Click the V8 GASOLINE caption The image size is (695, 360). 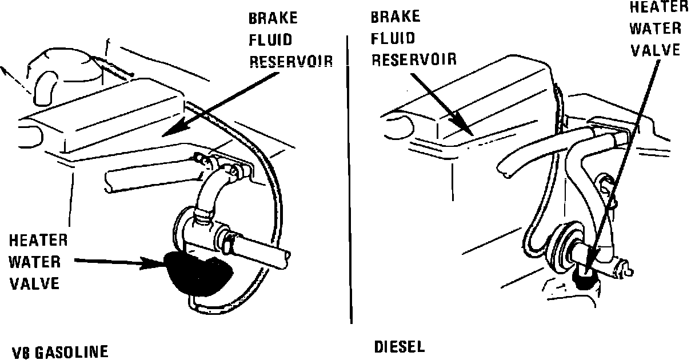click(x=59, y=351)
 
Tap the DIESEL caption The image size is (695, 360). click(x=400, y=346)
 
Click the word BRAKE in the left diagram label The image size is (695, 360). click(x=273, y=18)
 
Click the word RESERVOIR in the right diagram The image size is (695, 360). click(x=414, y=59)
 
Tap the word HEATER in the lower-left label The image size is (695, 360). click(x=38, y=241)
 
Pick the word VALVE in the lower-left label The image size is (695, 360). click(x=35, y=283)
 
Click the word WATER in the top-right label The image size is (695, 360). click(x=656, y=29)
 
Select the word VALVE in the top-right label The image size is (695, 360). click(x=656, y=50)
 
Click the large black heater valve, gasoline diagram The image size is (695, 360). click(x=197, y=273)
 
